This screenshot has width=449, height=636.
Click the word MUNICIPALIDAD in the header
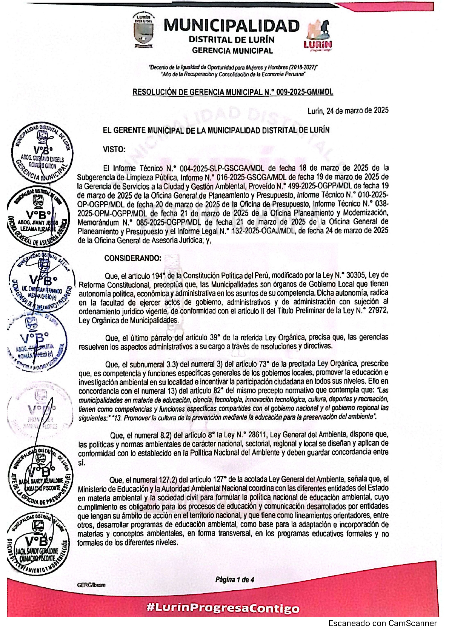click(232, 26)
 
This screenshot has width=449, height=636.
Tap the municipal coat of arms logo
click(143, 31)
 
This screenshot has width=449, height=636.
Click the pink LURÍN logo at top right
click(318, 36)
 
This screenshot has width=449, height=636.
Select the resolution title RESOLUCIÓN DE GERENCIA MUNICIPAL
click(198, 92)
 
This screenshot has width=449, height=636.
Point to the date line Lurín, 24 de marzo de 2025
click(348, 111)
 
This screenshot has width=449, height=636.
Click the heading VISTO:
click(114, 149)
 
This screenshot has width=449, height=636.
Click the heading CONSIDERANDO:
click(132, 258)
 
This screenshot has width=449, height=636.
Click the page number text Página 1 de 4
click(234, 579)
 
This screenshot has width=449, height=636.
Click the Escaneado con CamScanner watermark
click(382, 623)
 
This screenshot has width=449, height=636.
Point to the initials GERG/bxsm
click(91, 585)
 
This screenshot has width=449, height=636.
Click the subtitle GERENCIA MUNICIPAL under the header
click(232, 50)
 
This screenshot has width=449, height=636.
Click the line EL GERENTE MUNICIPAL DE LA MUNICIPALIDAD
click(216, 130)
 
